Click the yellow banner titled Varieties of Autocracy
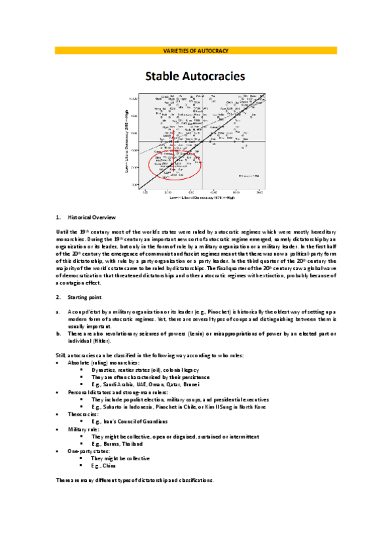click(x=196, y=50)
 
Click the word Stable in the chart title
click(x=166, y=76)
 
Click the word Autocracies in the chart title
click(x=217, y=76)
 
